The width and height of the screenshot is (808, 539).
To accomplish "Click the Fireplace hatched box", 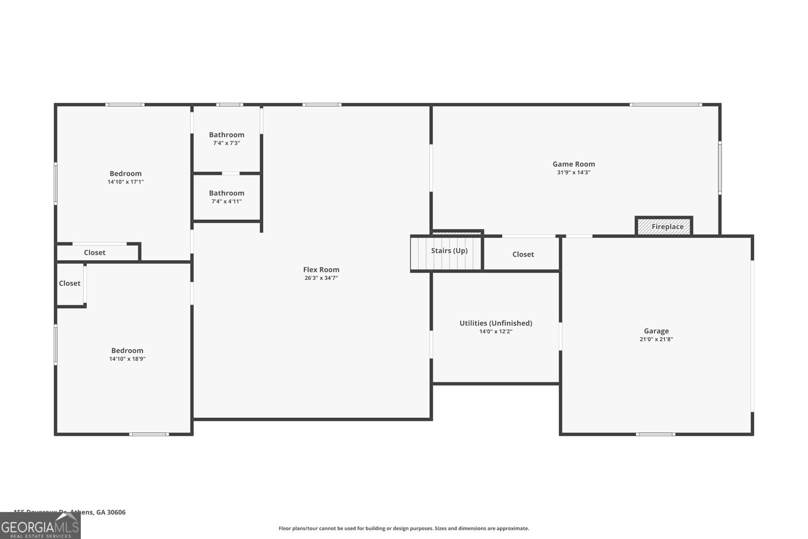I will tap(664, 226).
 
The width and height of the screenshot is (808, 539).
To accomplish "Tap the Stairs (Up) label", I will tap(449, 251).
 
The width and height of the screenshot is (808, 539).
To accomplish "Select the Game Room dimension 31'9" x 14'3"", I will tap(574, 172).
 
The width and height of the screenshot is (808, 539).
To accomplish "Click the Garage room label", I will tap(656, 331).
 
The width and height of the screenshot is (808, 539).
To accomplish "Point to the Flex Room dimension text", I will tap(321, 278).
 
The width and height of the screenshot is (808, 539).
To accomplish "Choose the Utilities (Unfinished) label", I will tap(495, 323).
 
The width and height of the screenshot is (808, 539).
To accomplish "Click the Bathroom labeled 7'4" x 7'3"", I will tap(226, 135).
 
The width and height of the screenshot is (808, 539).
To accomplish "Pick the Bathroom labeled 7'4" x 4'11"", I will tap(226, 193).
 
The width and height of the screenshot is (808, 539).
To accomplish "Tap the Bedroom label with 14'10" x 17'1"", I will tap(126, 173).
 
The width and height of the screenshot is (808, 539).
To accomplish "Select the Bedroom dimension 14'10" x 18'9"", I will tap(127, 359).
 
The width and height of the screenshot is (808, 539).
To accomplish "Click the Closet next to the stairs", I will tap(523, 254).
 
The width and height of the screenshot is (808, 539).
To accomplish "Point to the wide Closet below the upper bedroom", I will tap(94, 253).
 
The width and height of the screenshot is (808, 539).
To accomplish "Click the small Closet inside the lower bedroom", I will tap(70, 283).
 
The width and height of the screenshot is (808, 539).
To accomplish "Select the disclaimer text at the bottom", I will tap(403, 528).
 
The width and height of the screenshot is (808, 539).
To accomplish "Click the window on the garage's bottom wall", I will tap(655, 434).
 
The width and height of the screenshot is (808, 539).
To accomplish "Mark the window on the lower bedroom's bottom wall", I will tap(149, 434).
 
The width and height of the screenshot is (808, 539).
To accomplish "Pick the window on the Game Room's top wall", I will tap(665, 105).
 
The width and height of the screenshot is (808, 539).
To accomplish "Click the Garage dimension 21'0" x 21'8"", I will tap(656, 339).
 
